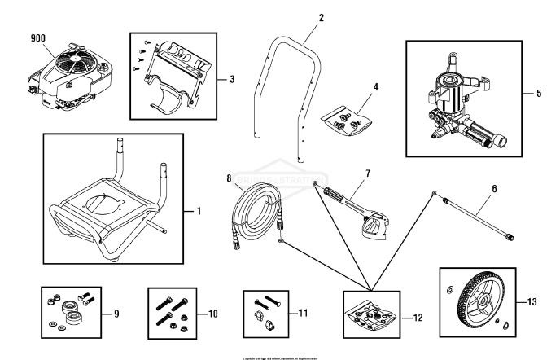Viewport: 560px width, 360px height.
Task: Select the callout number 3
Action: click(x=233, y=79)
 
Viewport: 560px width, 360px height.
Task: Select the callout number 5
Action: click(x=539, y=94)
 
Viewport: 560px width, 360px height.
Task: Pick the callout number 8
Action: click(x=229, y=177)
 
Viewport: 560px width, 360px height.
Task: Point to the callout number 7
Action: click(x=368, y=173)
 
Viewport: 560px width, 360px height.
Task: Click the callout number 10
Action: click(x=212, y=312)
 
